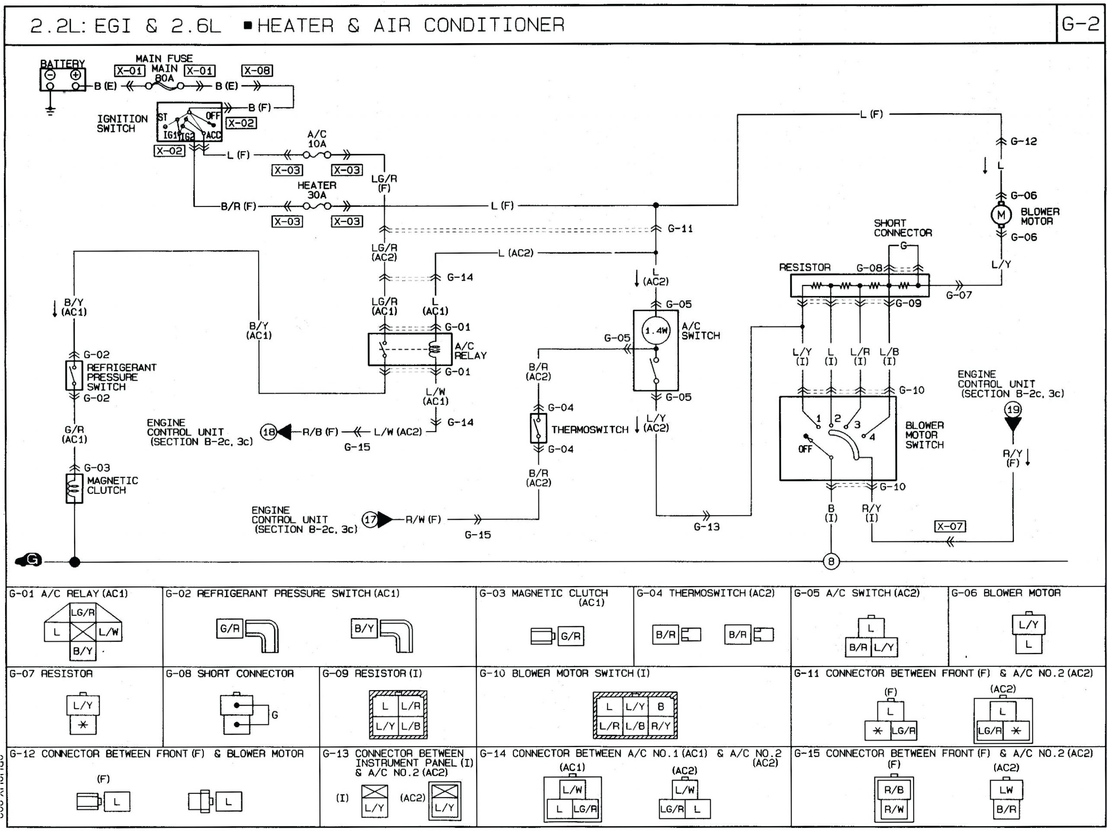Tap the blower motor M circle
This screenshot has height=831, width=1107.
[x=1001, y=216]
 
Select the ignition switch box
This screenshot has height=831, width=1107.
[x=189, y=122]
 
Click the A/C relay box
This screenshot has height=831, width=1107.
[x=410, y=350]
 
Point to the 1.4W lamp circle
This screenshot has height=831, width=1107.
[x=656, y=331]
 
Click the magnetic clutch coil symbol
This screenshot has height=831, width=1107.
[x=74, y=488]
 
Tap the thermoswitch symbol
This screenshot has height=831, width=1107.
[x=538, y=428]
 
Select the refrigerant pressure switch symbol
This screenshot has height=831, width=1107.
[x=74, y=376]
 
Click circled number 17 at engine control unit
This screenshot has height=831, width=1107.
[x=370, y=519]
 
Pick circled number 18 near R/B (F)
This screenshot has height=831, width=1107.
[x=269, y=432]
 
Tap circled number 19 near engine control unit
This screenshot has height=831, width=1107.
[x=1013, y=410]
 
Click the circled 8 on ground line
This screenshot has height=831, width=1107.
[x=831, y=561]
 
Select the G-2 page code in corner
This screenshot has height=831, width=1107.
[x=1080, y=24]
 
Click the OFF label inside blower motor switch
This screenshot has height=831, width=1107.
[x=805, y=449]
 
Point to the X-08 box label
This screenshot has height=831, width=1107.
[x=257, y=70]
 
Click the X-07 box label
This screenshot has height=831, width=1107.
[x=950, y=526]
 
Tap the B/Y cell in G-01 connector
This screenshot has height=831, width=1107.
[x=83, y=650]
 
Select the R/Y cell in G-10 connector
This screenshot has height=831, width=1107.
[x=661, y=726]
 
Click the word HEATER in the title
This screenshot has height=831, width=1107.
[x=295, y=25]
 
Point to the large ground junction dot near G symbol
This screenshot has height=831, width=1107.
[x=74, y=562]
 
